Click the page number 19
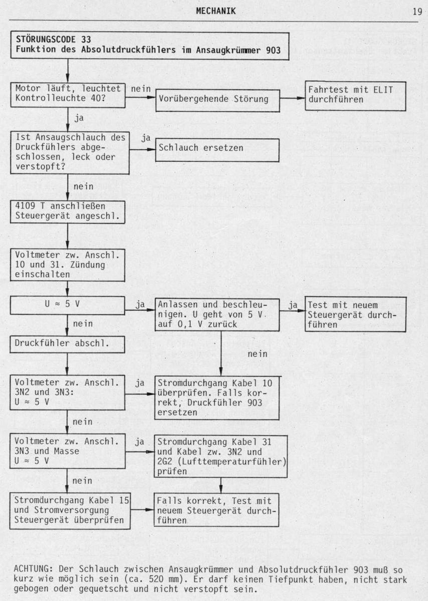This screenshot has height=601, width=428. [x=417, y=12]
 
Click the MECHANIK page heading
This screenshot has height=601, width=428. [x=216, y=11]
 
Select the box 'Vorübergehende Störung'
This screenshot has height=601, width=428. [x=218, y=101]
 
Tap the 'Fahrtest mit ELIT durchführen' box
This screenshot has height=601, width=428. [x=355, y=96]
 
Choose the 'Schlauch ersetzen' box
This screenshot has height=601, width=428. [x=217, y=150]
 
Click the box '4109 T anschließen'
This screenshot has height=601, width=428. [x=68, y=212]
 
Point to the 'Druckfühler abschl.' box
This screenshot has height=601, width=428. [x=67, y=345]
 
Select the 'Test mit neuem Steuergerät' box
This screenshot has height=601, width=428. [x=355, y=315]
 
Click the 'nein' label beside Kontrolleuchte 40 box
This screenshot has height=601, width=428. [x=141, y=89]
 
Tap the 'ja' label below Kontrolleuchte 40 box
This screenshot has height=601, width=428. [x=79, y=118]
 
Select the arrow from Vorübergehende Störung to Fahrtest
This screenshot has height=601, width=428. [x=292, y=98]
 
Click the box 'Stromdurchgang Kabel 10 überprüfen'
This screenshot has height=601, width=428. [x=217, y=398]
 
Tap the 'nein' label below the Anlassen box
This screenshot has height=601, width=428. [x=258, y=354]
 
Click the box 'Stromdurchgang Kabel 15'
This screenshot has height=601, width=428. [x=70, y=511]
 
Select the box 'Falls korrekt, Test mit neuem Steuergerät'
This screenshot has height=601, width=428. [x=217, y=510]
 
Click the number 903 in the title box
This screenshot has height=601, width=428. [x=273, y=50]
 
